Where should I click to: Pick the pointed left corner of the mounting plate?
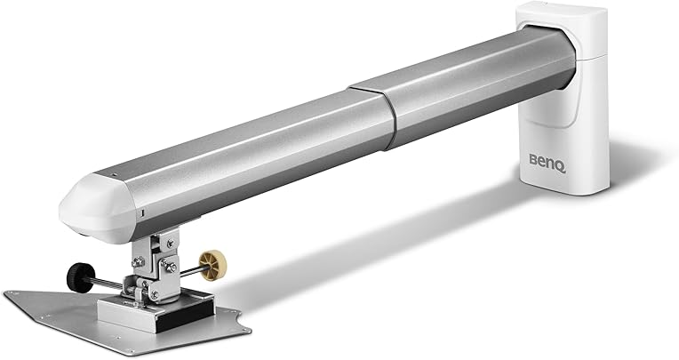pyautogui.click(x=7, y=295)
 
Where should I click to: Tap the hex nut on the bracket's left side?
pyautogui.click(x=138, y=263)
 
